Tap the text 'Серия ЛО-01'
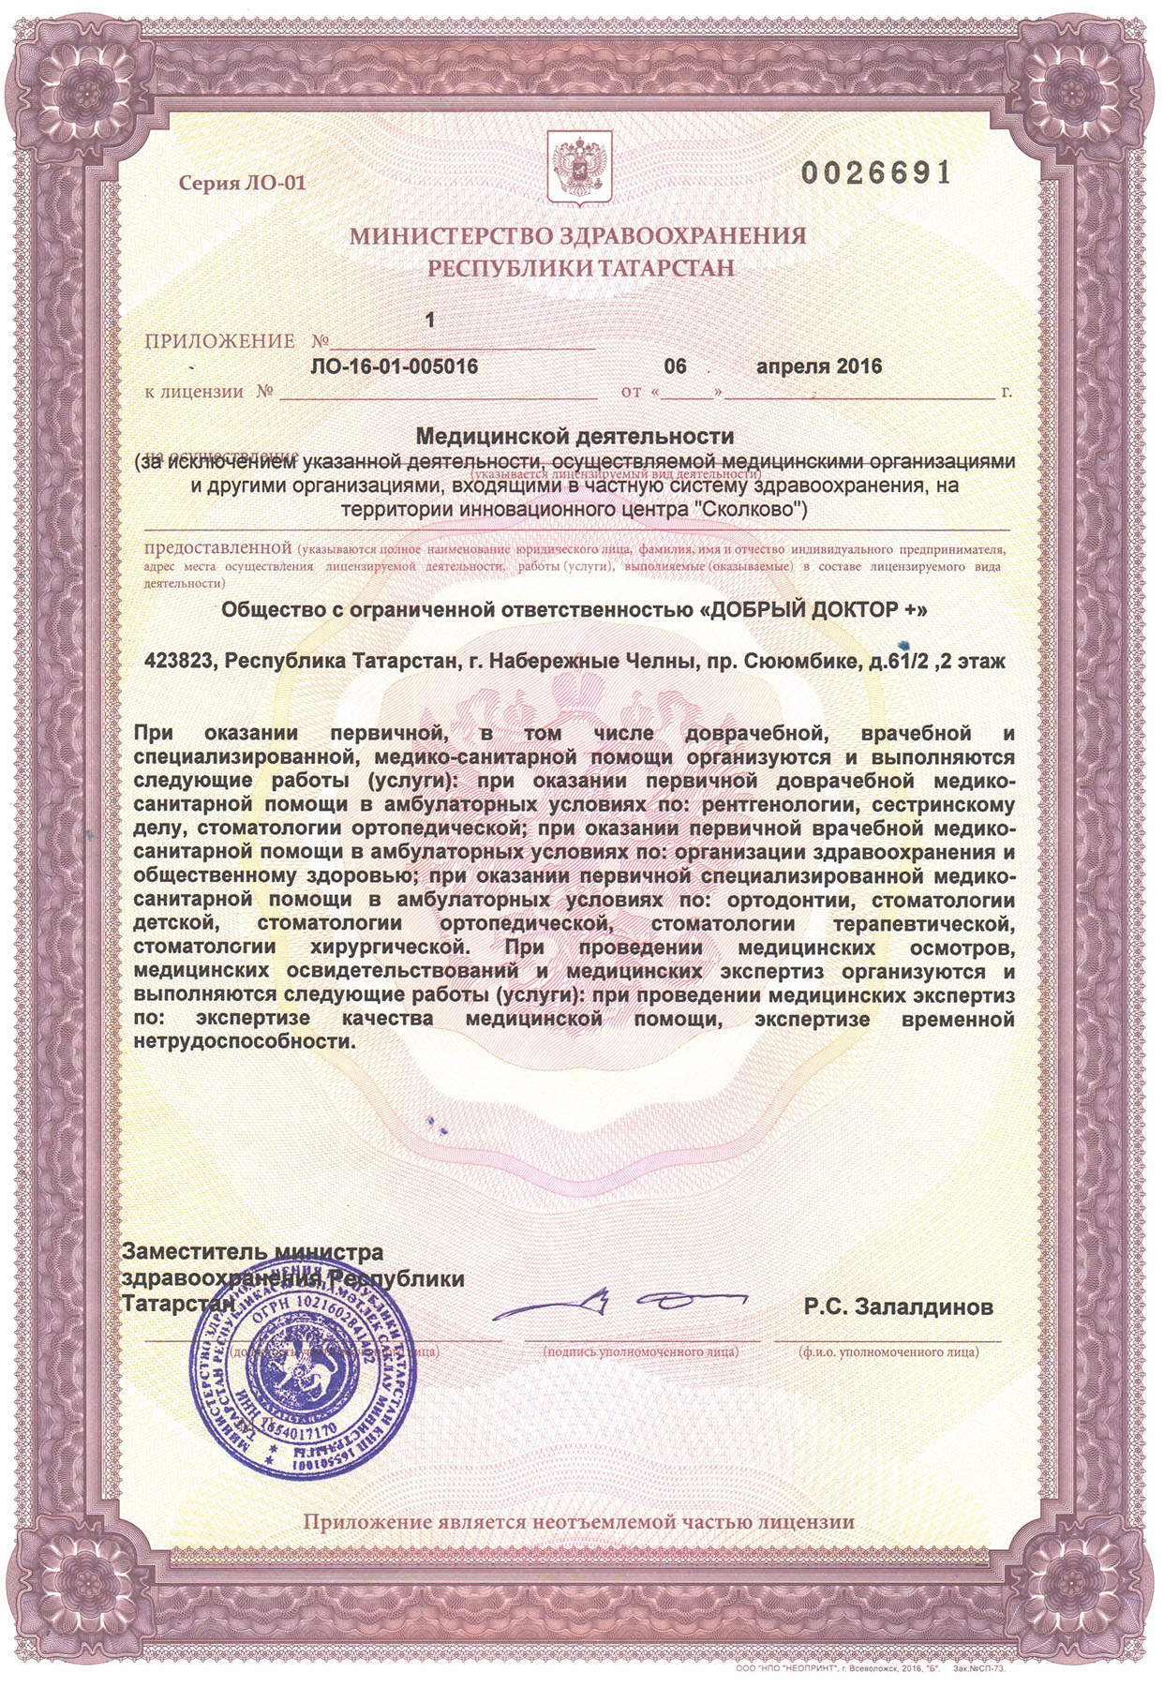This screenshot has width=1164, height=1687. [243, 184]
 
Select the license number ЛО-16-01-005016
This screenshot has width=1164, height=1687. [393, 366]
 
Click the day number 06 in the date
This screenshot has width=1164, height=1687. [676, 366]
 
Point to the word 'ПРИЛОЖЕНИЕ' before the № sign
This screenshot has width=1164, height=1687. [220, 341]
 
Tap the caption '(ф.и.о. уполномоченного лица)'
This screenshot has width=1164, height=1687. [888, 1352]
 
